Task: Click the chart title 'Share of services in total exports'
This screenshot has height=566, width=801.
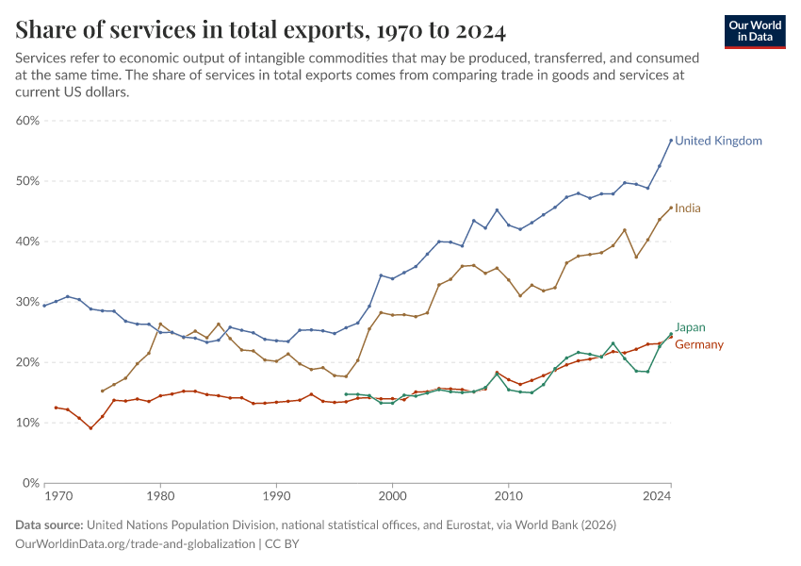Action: coord(260,29)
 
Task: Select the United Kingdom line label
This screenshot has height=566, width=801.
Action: coord(718,141)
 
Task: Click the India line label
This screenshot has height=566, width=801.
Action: coord(688,208)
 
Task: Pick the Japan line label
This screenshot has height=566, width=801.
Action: coord(690,327)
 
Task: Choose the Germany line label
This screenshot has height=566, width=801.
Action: coord(699,344)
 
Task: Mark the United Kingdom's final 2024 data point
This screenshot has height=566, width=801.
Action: coord(671,141)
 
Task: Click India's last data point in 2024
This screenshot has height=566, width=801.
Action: coord(671,208)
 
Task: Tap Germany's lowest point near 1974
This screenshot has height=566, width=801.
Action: coord(90,428)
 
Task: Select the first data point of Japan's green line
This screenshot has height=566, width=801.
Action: coord(346,394)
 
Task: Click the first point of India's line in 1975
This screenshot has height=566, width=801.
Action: coord(103,391)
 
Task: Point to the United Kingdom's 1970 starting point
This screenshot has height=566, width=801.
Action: coord(44,306)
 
